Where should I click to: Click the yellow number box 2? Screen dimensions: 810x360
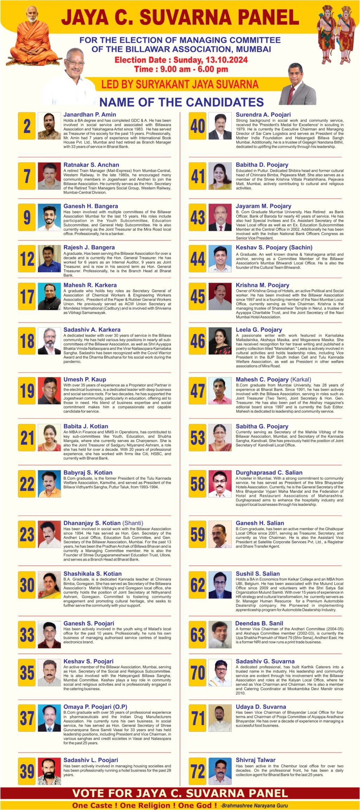point(27,126)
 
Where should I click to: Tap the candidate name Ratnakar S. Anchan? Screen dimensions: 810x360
point(91,165)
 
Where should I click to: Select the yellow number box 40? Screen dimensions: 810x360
point(198,126)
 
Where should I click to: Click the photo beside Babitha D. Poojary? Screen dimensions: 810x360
point(220,176)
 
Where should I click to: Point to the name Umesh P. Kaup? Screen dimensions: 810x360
point(85,380)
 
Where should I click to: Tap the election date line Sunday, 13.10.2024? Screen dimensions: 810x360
point(181,60)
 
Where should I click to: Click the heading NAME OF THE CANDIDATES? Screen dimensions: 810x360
point(181,102)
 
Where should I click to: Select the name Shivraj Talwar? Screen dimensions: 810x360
point(256,760)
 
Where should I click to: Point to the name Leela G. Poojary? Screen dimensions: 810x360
point(259,330)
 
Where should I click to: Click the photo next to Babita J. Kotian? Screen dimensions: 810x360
point(49,438)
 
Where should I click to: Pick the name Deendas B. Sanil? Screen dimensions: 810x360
point(259,623)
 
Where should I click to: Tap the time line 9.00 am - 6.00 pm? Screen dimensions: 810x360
point(181,69)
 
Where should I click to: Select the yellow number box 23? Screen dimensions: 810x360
point(27,535)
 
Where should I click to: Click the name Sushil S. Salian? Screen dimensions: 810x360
point(258,574)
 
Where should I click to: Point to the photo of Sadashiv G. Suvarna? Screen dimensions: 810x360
point(220,673)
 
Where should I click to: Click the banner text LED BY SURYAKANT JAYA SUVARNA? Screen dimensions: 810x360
point(180,85)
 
